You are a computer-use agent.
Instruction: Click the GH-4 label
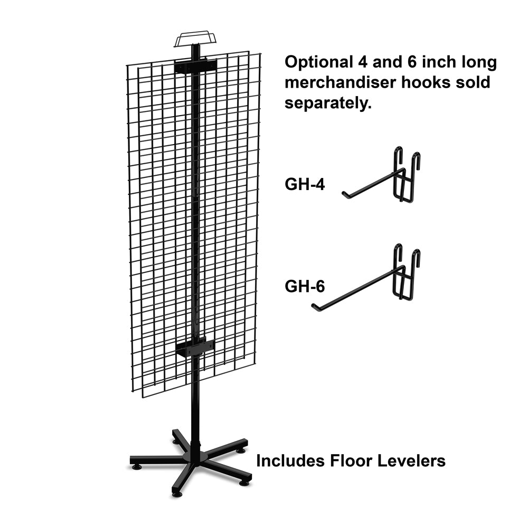305,184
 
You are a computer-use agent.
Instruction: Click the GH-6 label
305,286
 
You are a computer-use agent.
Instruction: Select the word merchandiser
341,82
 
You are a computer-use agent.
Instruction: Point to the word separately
328,103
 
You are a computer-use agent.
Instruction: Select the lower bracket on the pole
195,348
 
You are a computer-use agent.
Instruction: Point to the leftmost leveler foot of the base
136,467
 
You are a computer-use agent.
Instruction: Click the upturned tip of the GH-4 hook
344,194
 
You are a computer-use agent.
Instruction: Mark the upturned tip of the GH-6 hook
314,305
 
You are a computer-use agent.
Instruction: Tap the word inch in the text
438,62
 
